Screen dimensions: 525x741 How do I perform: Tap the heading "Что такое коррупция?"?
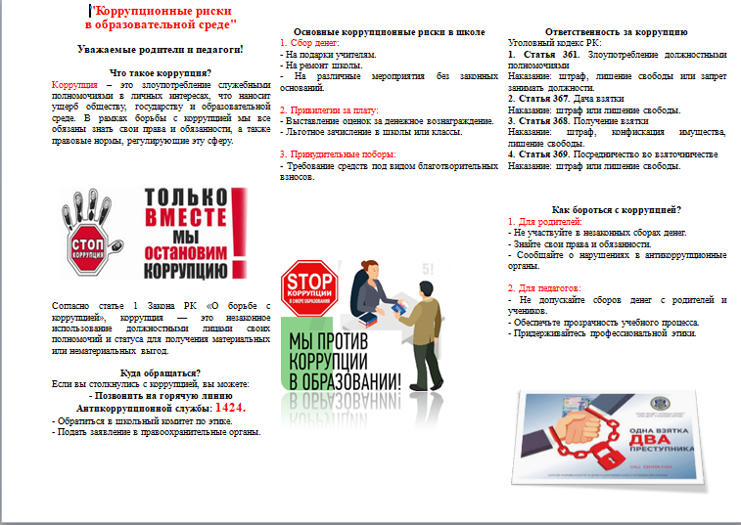(161, 73)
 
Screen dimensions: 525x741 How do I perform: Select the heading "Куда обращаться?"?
(161, 372)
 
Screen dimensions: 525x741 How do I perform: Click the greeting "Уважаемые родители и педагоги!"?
(161, 48)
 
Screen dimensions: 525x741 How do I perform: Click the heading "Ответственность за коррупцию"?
(617, 32)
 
